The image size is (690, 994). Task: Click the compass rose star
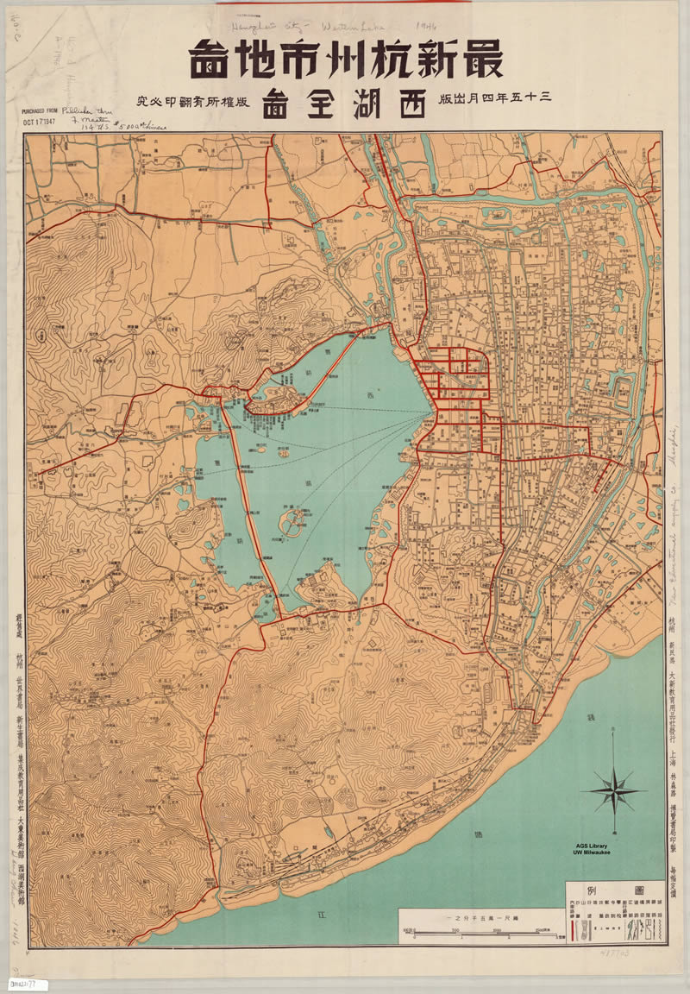[613, 789]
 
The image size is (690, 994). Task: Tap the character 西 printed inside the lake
[372, 396]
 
